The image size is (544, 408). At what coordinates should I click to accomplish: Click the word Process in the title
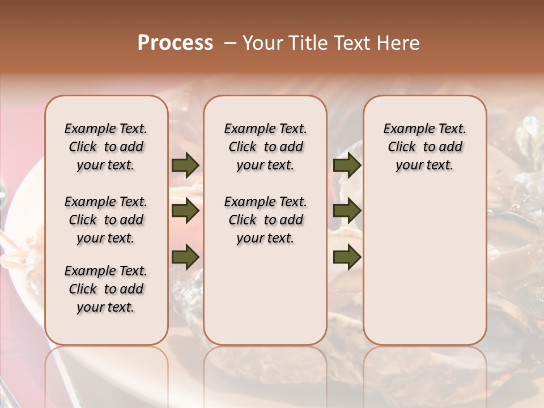(x=175, y=43)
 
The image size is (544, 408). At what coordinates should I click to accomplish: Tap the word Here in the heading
(x=399, y=43)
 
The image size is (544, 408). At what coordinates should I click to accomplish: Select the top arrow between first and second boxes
(x=185, y=165)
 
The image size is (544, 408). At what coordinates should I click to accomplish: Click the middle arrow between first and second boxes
(x=185, y=211)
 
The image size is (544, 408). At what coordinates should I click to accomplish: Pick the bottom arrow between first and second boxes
(x=185, y=257)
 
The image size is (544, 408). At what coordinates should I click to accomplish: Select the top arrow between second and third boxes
(x=347, y=165)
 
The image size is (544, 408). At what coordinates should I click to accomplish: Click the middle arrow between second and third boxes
(x=347, y=211)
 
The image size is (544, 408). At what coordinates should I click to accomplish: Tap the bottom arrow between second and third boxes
(x=347, y=257)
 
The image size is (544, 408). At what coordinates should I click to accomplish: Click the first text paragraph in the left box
(x=106, y=147)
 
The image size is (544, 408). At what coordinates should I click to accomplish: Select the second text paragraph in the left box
(x=106, y=220)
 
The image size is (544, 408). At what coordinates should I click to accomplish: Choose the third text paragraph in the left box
(x=106, y=289)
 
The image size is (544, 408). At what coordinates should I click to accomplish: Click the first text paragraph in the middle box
(x=265, y=147)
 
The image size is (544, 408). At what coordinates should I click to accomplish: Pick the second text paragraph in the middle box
(x=265, y=220)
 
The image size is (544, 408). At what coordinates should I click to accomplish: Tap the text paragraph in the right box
(x=424, y=147)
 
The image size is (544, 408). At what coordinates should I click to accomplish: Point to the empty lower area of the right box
(x=424, y=266)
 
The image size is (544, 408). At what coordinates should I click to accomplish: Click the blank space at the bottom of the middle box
(x=265, y=300)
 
